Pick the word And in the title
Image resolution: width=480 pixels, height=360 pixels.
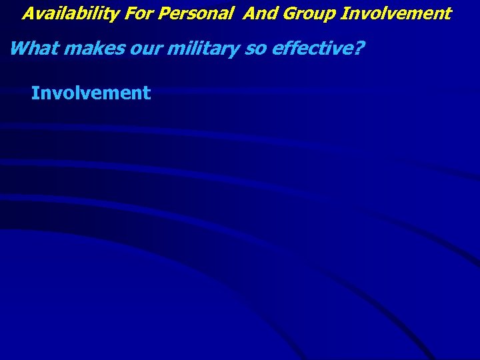(x=258, y=13)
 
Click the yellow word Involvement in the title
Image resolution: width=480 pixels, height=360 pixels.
(x=396, y=13)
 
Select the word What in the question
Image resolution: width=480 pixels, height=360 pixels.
(x=31, y=49)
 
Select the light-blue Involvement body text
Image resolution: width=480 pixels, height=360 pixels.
(x=91, y=93)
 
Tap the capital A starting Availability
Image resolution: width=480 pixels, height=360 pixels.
(x=28, y=13)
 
